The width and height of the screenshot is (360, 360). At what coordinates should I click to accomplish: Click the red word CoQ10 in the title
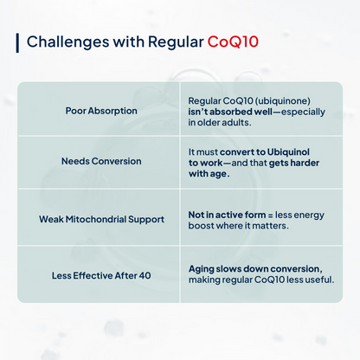point(232,42)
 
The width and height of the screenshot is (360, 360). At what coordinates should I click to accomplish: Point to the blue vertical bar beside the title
point(17,42)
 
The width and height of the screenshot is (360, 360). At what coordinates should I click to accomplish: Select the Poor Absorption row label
point(101,111)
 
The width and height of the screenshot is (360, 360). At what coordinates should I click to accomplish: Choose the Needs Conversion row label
point(101,162)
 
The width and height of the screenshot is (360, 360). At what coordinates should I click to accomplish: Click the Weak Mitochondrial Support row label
point(101,218)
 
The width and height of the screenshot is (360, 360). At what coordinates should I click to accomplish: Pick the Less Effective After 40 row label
point(101,274)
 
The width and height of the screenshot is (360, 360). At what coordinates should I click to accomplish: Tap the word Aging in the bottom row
point(203,268)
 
